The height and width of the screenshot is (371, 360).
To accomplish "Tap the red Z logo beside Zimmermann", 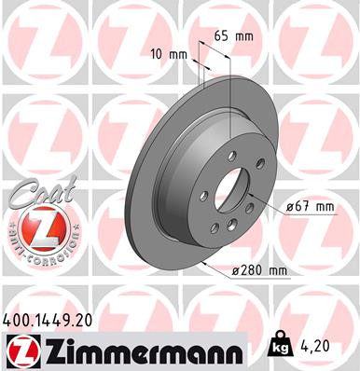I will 23,351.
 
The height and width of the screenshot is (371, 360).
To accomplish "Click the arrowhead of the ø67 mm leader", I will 250,211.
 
